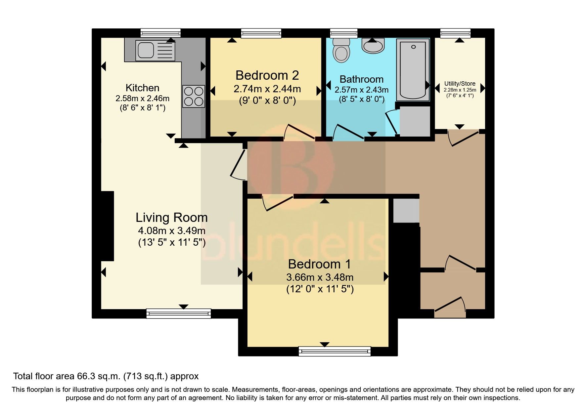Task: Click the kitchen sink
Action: (155, 51)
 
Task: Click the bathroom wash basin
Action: (373, 46)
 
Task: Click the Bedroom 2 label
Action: (267, 75)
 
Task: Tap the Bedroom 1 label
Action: (319, 264)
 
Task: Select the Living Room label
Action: (172, 217)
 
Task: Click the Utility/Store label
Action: (460, 84)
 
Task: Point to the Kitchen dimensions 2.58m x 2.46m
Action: (142, 98)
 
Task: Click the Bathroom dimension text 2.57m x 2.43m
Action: (361, 90)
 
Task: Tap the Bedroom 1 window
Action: (334, 351)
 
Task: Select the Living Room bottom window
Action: (178, 313)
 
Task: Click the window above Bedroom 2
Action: (261, 33)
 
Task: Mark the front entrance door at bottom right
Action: (450, 306)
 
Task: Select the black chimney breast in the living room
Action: (107, 226)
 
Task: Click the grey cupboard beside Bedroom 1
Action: (406, 211)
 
